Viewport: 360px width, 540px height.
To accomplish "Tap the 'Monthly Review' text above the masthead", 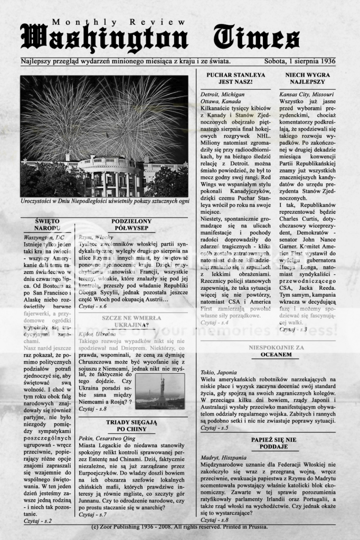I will tap(119, 22).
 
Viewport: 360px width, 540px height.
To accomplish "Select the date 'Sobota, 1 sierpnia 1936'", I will tap(300, 61).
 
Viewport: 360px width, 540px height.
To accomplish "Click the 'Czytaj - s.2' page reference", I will tap(37, 520).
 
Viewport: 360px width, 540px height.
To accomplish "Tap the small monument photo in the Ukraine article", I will tap(159, 391).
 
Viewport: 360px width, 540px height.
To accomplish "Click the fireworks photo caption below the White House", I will tap(104, 201).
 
